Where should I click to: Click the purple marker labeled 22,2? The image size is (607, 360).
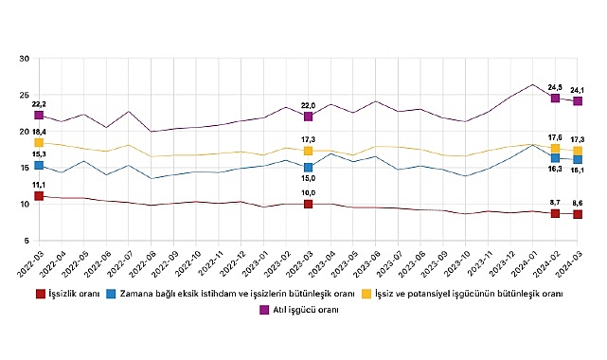click(x=39, y=115)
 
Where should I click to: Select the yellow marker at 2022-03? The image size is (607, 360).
click(x=39, y=143)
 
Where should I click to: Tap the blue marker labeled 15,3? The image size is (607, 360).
click(x=39, y=166)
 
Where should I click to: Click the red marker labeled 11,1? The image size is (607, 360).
click(x=39, y=196)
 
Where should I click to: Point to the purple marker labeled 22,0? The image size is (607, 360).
click(x=309, y=117)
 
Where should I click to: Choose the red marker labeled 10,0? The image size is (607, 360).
click(x=309, y=204)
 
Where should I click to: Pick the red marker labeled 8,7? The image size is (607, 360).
click(x=555, y=213)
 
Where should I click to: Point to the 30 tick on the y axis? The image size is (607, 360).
click(x=23, y=59)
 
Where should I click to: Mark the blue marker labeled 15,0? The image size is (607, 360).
click(x=309, y=168)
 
